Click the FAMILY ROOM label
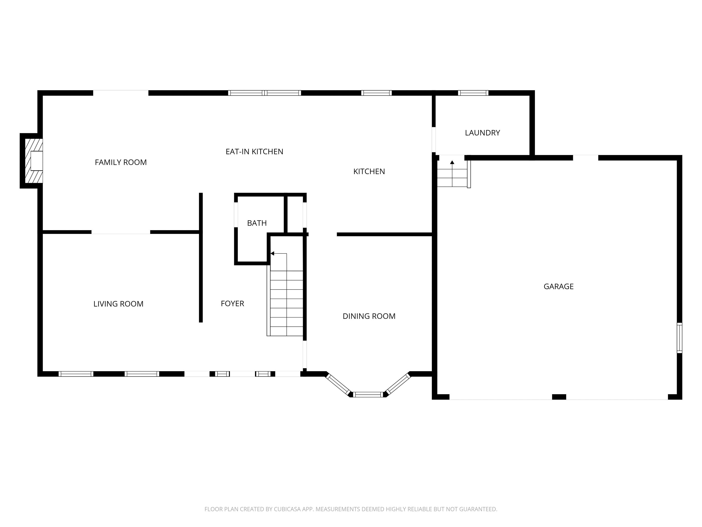click(x=121, y=162)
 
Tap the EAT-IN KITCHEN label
click(x=254, y=151)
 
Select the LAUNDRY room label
click(x=482, y=133)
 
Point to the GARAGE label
click(x=558, y=287)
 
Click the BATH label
click(x=257, y=223)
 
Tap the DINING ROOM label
click(x=369, y=316)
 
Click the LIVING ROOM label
click(x=118, y=304)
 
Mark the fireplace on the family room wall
click(x=32, y=161)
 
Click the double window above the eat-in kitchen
click(x=264, y=93)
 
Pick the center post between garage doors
click(x=559, y=397)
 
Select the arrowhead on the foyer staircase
click(x=272, y=253)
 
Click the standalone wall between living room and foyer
click(x=201, y=257)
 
